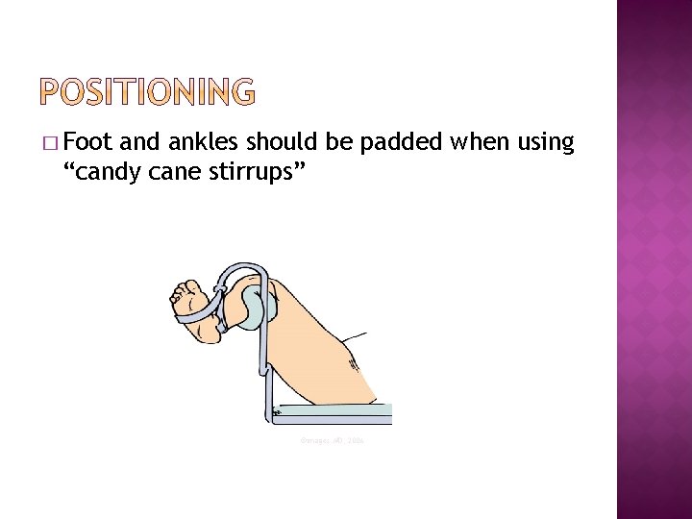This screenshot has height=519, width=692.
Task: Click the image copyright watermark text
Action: click(332, 439)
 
